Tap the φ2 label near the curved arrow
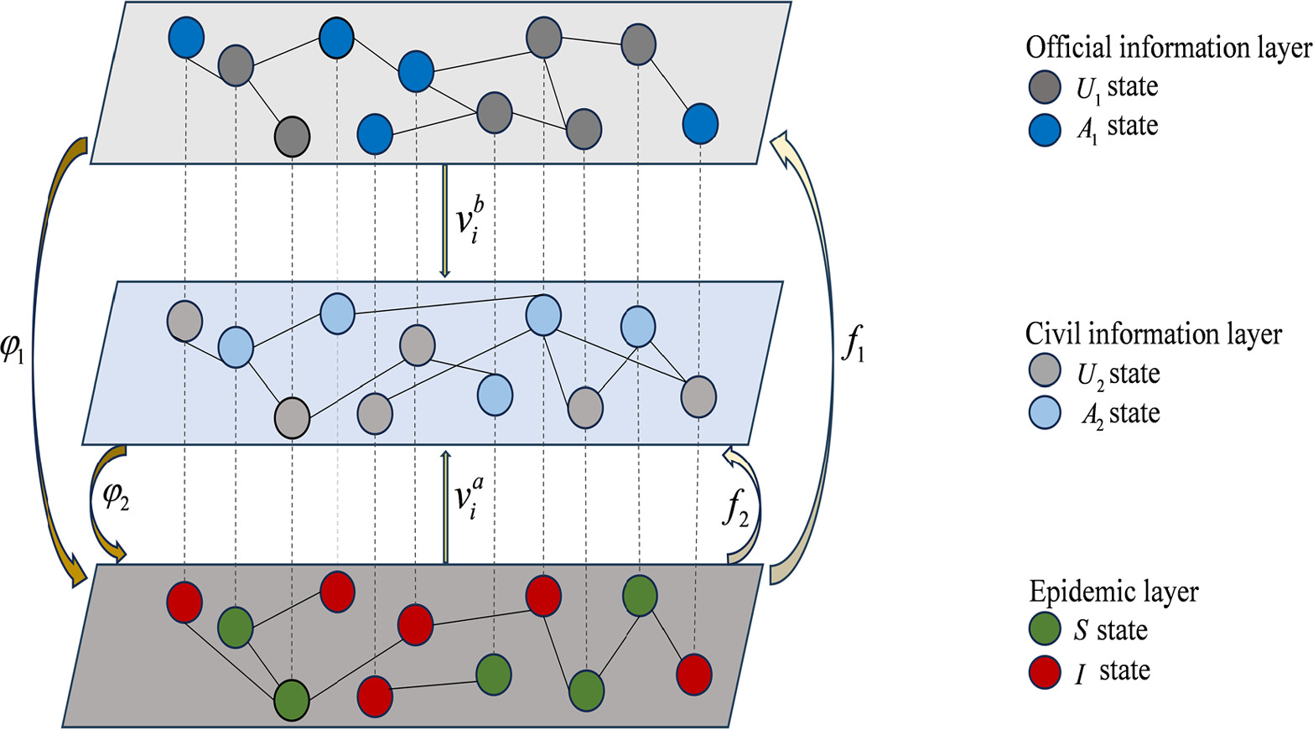115,499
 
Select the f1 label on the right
853,344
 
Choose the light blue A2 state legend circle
1045,413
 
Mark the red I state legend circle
1045,671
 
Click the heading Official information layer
1168,48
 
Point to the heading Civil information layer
1153,334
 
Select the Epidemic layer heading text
1113,592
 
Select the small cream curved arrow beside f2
750,507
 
